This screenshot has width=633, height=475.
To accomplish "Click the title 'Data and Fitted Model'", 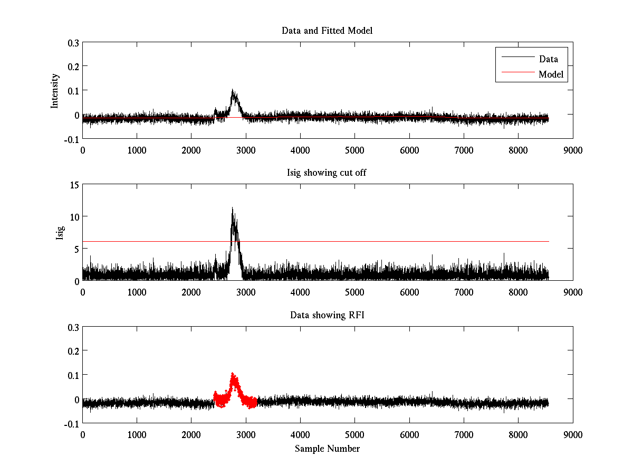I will click(x=327, y=31).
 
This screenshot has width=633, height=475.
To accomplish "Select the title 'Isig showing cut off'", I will click(x=327, y=173).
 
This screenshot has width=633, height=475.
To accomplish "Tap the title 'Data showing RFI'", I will click(x=327, y=315).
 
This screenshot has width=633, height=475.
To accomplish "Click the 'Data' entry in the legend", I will click(x=548, y=59).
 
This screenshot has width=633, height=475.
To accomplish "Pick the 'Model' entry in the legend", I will click(x=551, y=74).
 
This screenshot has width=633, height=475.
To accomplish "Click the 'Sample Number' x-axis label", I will click(x=327, y=449).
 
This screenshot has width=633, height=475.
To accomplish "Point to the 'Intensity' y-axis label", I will click(x=54, y=91).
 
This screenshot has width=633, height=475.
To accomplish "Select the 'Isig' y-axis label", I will click(x=60, y=232).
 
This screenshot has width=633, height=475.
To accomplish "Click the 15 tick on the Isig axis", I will click(x=73, y=185).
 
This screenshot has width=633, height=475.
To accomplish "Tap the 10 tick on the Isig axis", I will click(x=73, y=216).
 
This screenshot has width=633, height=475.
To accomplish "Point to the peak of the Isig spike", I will click(x=232, y=208).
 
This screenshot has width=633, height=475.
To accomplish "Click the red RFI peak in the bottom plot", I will click(x=233, y=374).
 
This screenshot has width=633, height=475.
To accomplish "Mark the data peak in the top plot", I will click(x=233, y=91).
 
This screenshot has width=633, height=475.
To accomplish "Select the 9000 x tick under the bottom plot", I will click(x=572, y=434).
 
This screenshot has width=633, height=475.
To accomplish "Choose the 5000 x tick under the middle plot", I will click(x=354, y=292).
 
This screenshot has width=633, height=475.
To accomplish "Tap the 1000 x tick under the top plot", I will click(x=137, y=150).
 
